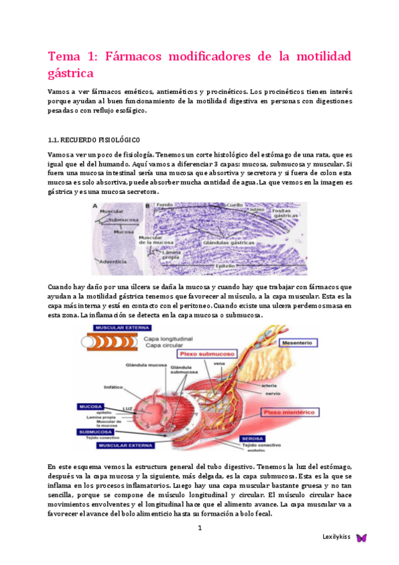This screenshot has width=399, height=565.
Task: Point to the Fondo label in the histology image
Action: point(165,205)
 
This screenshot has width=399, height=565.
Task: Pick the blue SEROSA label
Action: point(256,438)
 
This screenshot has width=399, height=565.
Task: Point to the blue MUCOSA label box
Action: point(92,406)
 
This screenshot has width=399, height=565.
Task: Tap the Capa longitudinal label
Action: point(165,339)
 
